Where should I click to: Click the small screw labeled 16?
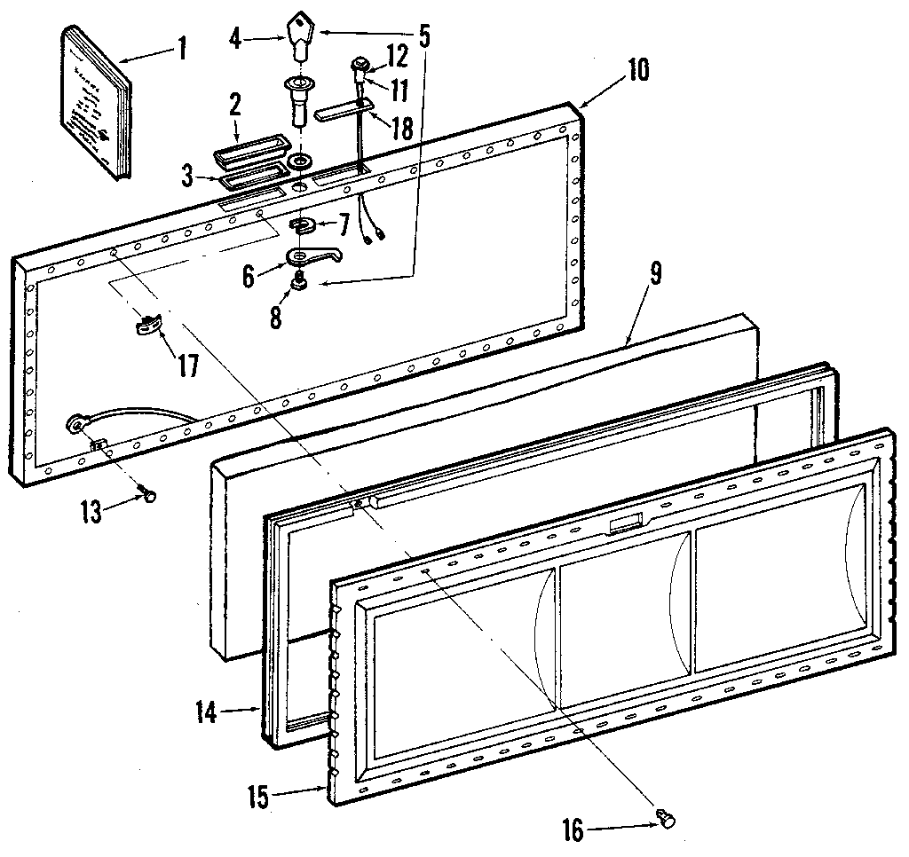click(664, 819)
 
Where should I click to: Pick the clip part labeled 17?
click(149, 325)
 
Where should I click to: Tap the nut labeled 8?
click(299, 284)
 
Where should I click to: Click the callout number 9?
click(655, 275)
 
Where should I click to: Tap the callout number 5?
click(423, 35)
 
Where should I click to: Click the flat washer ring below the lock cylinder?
click(299, 162)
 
